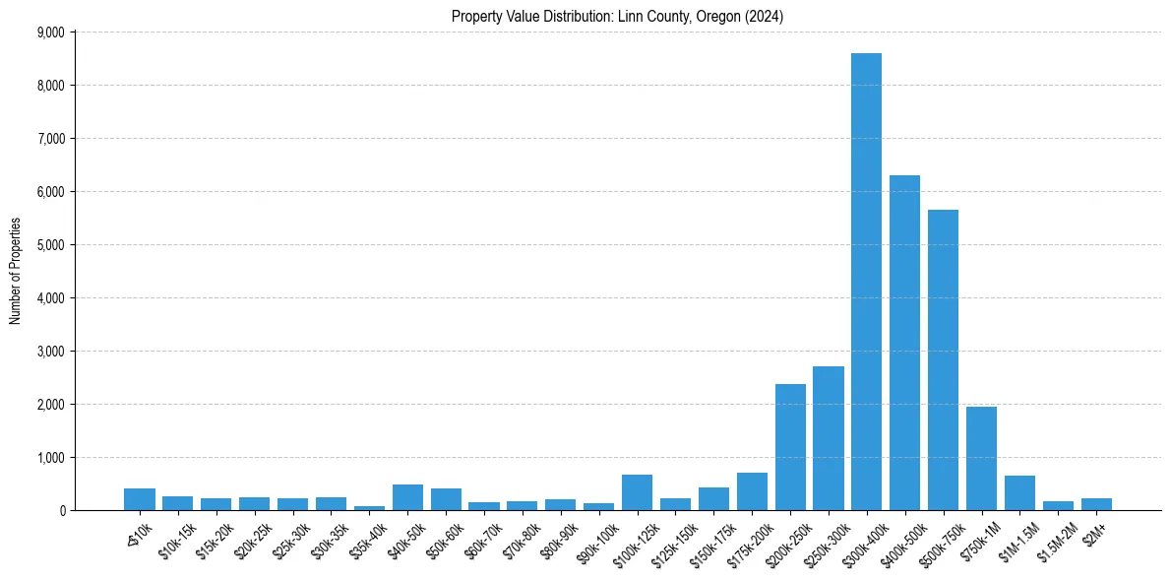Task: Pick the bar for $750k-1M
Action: pos(981,459)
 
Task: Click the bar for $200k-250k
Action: pos(790,447)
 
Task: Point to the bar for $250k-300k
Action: pos(829,438)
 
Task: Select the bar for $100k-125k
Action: pos(637,492)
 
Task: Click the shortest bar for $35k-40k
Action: pos(369,508)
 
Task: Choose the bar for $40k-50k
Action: pos(407,497)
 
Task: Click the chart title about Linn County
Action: pos(617,17)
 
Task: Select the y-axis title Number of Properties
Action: pos(16,271)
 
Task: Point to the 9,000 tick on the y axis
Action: pos(50,32)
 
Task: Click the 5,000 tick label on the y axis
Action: pos(50,245)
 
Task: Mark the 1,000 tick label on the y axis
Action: pos(50,458)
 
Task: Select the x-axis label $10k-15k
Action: pos(176,540)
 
